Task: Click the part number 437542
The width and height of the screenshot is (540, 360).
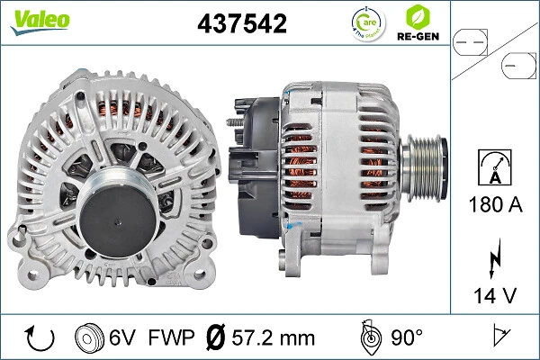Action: [241, 24]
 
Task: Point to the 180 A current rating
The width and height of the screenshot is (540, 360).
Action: [496, 204]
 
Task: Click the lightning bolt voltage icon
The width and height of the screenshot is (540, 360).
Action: [496, 257]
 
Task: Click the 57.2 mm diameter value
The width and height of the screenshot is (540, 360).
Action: [273, 337]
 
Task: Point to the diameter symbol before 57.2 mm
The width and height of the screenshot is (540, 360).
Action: [215, 337]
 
